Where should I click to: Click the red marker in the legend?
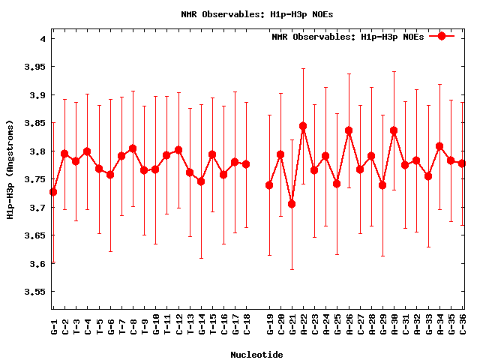[442, 36]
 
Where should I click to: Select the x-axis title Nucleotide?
[256, 354]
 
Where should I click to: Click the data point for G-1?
[53, 192]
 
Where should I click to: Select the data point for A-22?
[303, 126]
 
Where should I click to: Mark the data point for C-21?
[292, 204]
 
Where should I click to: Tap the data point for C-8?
[133, 148]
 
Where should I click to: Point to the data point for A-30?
[394, 130]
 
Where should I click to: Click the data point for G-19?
[269, 185]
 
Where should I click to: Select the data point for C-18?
[246, 163]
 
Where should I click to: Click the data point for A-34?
[439, 146]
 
